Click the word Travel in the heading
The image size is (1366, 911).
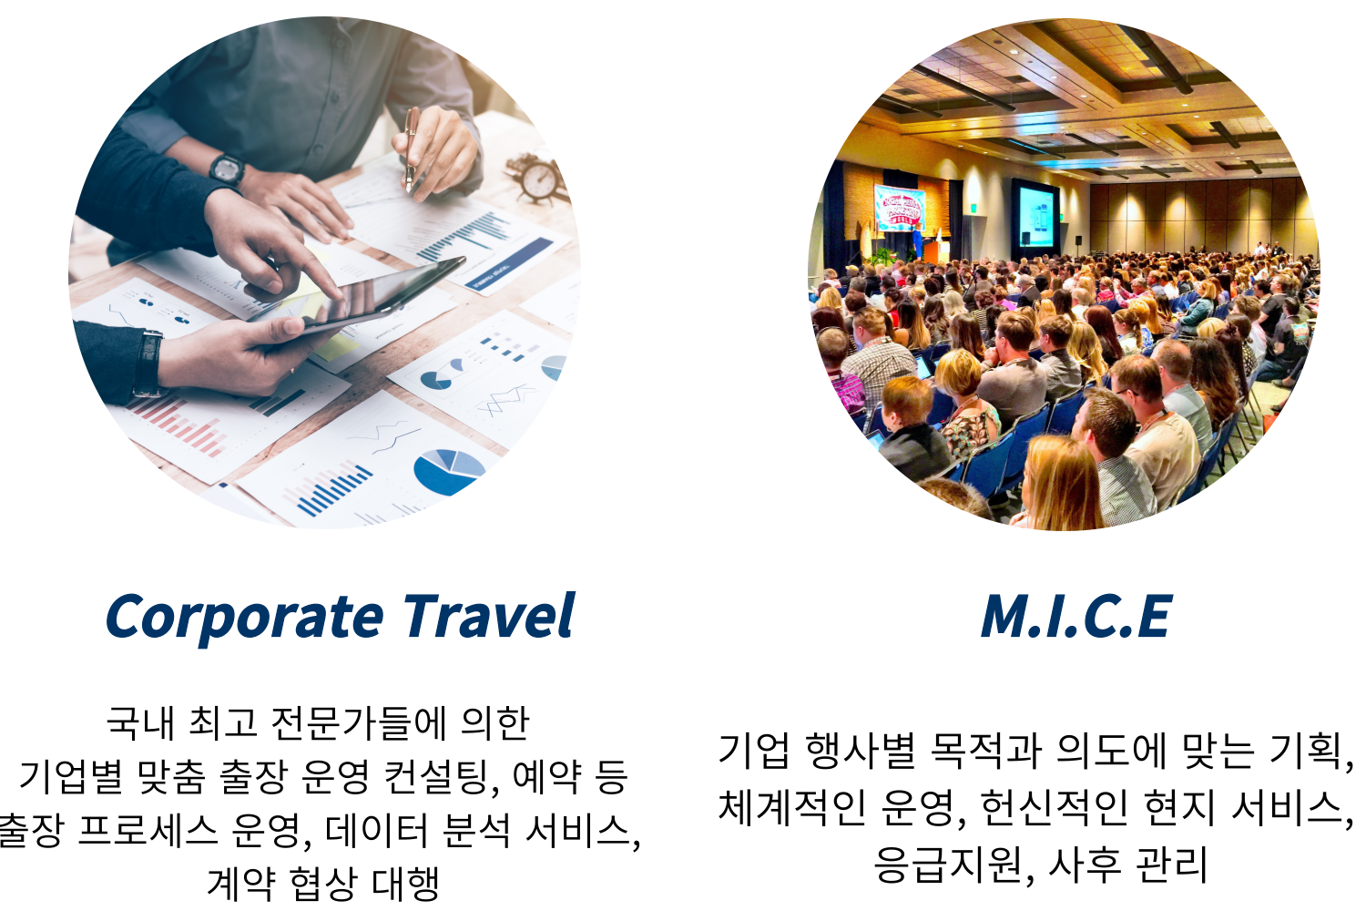pyautogui.click(x=488, y=615)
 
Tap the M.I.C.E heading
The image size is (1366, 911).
pyautogui.click(x=1076, y=616)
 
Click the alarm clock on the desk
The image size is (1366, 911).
pyautogui.click(x=536, y=178)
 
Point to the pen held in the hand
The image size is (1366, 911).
pyautogui.click(x=412, y=148)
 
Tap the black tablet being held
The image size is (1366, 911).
pyautogui.click(x=360, y=299)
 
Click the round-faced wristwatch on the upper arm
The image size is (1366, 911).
pyautogui.click(x=227, y=169)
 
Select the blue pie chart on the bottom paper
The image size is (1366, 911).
pyautogui.click(x=449, y=471)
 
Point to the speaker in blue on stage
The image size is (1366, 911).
pyautogui.click(x=917, y=241)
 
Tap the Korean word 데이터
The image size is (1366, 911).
pyautogui.click(x=377, y=831)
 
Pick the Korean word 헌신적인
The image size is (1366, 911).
pyautogui.click(x=1055, y=806)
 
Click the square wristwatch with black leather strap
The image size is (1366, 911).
pyautogui.click(x=148, y=363)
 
